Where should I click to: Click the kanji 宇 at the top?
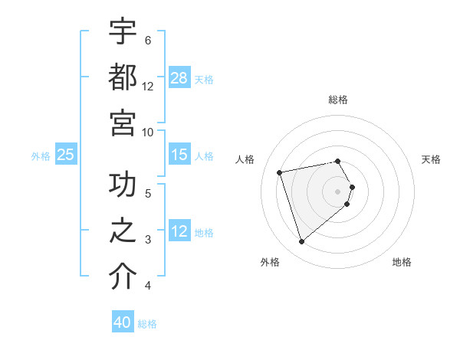[123, 33]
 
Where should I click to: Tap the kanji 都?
[123, 78]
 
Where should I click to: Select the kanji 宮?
[123, 123]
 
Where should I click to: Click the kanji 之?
[123, 231]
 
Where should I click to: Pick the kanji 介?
[123, 277]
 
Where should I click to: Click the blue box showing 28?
[179, 78]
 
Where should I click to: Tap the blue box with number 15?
[179, 155]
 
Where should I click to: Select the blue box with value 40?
[123, 322]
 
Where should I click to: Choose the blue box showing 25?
[66, 155]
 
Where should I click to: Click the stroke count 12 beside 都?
[148, 87]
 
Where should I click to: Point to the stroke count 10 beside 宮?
[148, 132]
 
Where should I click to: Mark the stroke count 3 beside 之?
[148, 240]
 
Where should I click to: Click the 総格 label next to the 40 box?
[147, 324]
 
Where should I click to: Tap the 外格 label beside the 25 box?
[41, 156]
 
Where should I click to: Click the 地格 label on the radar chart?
[402, 262]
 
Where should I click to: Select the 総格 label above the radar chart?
[338, 100]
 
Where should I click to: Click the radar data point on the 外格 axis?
[301, 241]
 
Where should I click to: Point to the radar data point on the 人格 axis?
[280, 172]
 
